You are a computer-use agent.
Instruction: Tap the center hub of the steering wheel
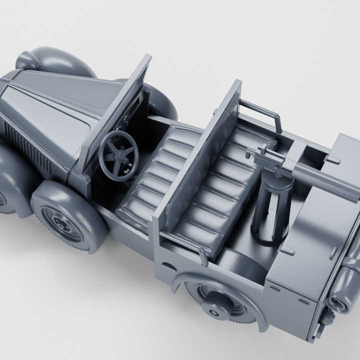point(119,153)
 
